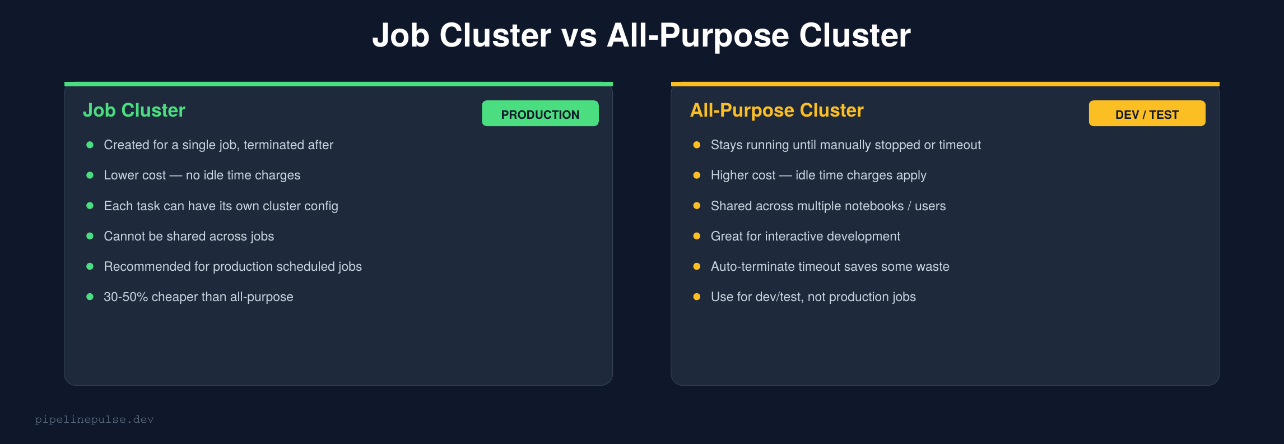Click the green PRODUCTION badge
[540, 114]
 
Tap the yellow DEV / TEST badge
[1147, 114]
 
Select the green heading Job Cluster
[134, 110]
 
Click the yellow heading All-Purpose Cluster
[776, 110]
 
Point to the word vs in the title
[579, 36]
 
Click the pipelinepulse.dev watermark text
[94, 419]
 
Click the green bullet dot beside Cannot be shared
[90, 236]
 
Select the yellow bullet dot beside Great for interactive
[696, 236]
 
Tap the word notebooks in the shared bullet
[874, 206]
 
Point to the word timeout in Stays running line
[960, 145]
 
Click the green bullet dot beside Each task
[90, 206]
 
